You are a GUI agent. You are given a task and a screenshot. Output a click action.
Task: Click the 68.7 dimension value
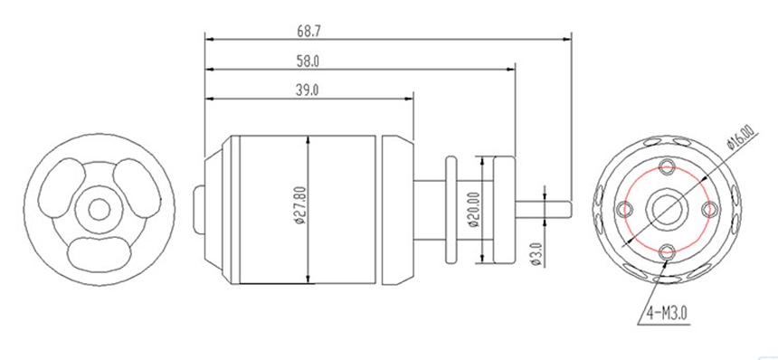coord(308,31)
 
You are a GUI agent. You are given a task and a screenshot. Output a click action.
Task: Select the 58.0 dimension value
coord(308,61)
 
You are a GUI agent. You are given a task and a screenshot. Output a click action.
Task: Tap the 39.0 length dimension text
coord(308,90)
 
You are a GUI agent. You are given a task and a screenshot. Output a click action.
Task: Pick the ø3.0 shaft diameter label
coord(536,254)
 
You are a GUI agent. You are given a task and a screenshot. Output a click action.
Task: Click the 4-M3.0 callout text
coord(667,313)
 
